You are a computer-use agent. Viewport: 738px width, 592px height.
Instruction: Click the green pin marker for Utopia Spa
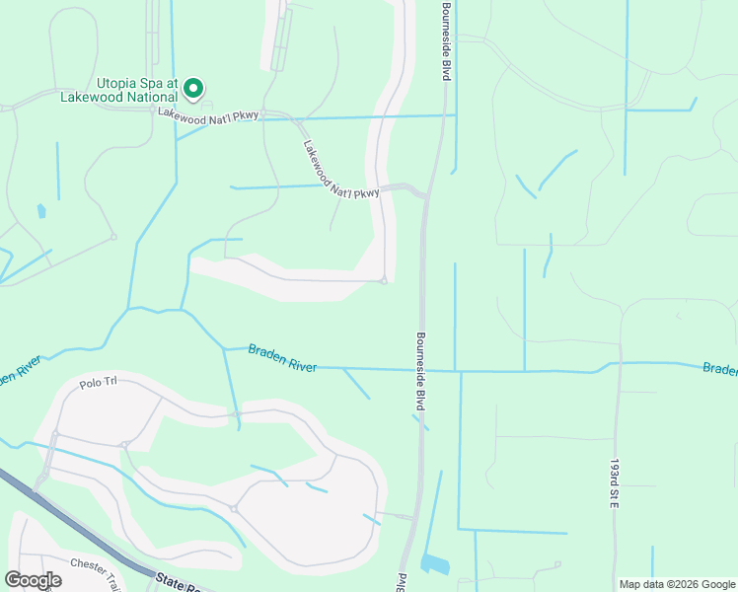pyautogui.click(x=194, y=89)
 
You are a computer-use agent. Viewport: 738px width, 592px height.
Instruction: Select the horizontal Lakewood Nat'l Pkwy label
pyautogui.click(x=208, y=115)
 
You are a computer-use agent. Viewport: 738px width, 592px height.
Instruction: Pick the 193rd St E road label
pyautogui.click(x=613, y=482)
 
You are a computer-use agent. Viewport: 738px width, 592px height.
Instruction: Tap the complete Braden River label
pyautogui.click(x=282, y=357)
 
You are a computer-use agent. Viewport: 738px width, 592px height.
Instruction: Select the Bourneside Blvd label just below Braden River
pyautogui.click(x=419, y=371)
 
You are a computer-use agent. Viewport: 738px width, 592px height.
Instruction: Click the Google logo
pyautogui.click(x=33, y=580)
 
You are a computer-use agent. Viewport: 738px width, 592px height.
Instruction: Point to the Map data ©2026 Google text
pyautogui.click(x=677, y=584)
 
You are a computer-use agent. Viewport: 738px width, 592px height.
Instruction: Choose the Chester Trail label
pyautogui.click(x=94, y=564)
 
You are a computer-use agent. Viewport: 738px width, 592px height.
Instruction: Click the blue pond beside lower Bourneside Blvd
pyautogui.click(x=434, y=564)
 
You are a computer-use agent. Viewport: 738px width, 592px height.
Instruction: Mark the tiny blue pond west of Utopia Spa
pyautogui.click(x=40, y=210)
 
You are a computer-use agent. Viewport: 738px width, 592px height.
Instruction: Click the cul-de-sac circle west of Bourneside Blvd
pyautogui.click(x=383, y=281)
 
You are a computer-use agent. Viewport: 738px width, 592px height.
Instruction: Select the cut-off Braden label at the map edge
pyautogui.click(x=719, y=369)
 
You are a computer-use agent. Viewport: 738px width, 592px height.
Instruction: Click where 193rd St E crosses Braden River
pyautogui.click(x=618, y=363)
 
